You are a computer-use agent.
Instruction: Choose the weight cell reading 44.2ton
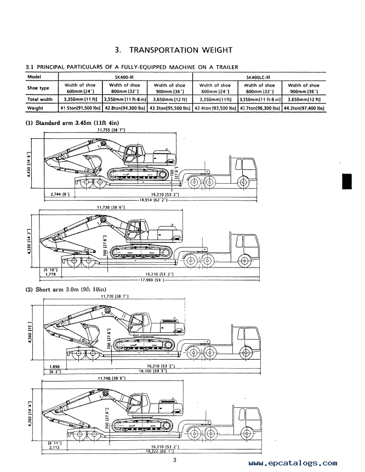tap(304, 109)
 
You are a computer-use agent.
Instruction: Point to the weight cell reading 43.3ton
tap(170, 109)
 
